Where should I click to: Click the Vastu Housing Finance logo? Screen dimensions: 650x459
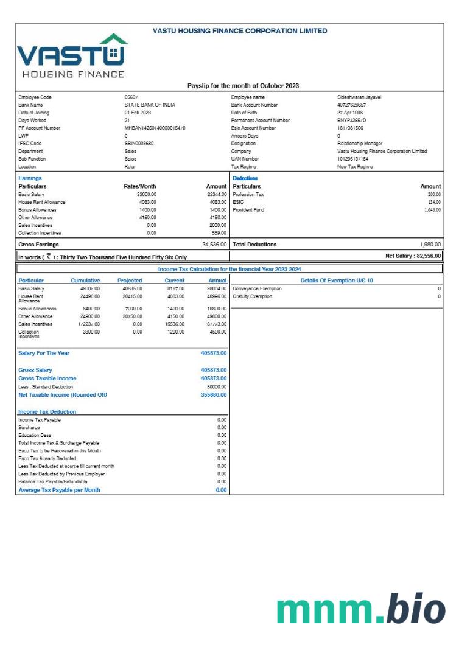[x=72, y=56]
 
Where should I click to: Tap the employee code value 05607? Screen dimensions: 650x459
[x=131, y=97]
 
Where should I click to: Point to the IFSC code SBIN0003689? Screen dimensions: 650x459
[x=139, y=144]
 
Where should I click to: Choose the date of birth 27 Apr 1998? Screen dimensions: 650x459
[x=351, y=113]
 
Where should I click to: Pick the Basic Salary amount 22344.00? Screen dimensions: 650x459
[x=217, y=194]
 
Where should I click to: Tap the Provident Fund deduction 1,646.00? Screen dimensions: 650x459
[x=432, y=209]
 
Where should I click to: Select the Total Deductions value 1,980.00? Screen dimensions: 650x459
[x=430, y=244]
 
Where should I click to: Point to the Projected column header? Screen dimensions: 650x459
[x=130, y=281]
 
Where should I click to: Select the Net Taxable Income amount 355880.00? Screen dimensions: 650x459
[x=214, y=394]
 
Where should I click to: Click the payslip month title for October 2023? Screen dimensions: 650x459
[x=243, y=86]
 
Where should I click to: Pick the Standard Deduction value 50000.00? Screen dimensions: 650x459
[x=216, y=386]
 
